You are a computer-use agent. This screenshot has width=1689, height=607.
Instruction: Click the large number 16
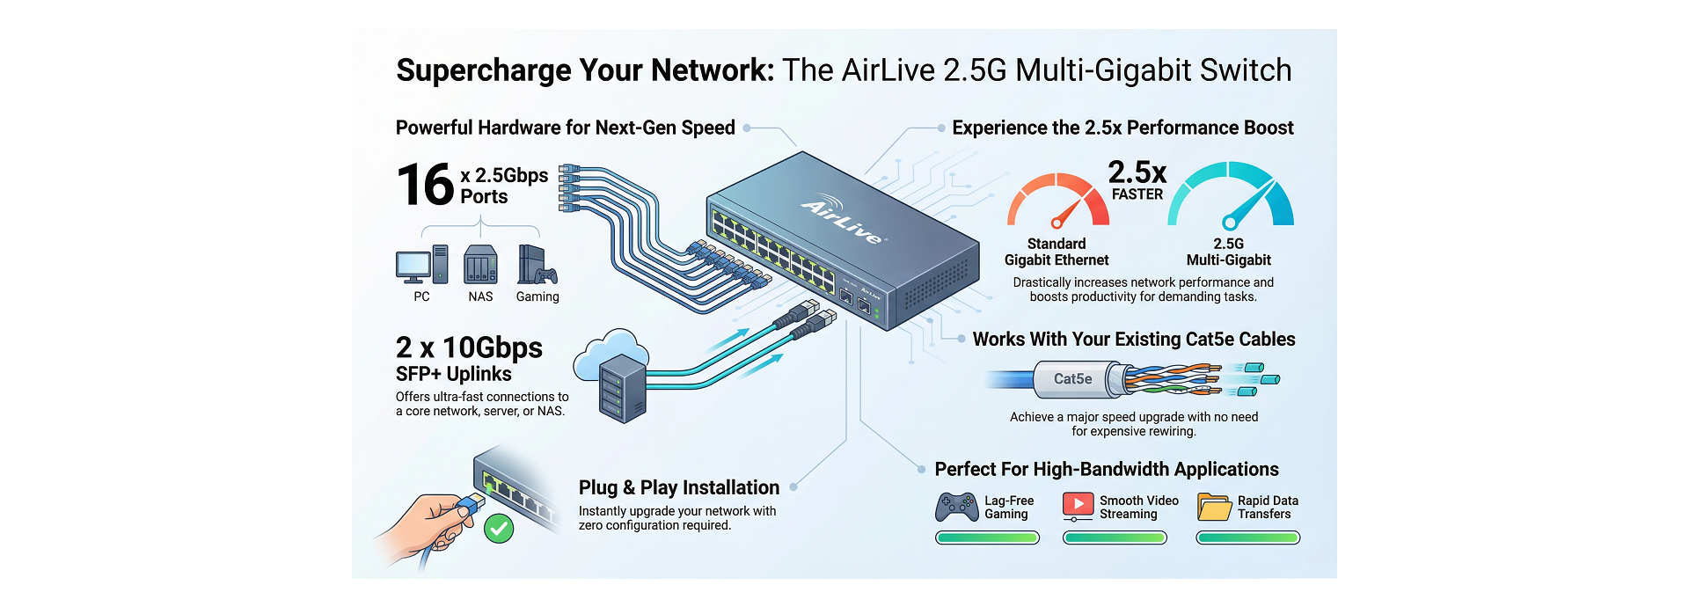click(x=426, y=185)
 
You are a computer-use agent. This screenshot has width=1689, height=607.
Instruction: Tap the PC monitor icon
click(x=413, y=266)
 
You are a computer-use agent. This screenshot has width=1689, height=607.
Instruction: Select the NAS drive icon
click(x=480, y=265)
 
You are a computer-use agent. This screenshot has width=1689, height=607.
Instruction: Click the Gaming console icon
click(x=536, y=266)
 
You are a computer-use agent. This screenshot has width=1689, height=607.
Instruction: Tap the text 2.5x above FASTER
click(x=1137, y=172)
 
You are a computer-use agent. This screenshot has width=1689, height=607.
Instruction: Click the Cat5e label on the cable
click(x=1072, y=379)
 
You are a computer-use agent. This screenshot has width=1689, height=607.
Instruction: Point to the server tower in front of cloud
click(x=623, y=388)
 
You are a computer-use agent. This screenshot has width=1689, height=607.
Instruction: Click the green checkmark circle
click(x=499, y=528)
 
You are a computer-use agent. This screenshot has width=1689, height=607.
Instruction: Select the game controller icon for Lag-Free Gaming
click(x=956, y=508)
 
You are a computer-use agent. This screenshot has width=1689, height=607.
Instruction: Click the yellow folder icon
click(x=1214, y=508)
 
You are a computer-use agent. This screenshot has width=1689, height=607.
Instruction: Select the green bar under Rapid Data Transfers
click(x=1247, y=538)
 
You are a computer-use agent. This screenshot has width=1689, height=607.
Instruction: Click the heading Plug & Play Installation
click(x=678, y=487)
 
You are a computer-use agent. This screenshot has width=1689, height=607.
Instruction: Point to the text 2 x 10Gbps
click(x=469, y=347)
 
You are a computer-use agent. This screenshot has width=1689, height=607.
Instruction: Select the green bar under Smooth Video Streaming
click(x=1115, y=538)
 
